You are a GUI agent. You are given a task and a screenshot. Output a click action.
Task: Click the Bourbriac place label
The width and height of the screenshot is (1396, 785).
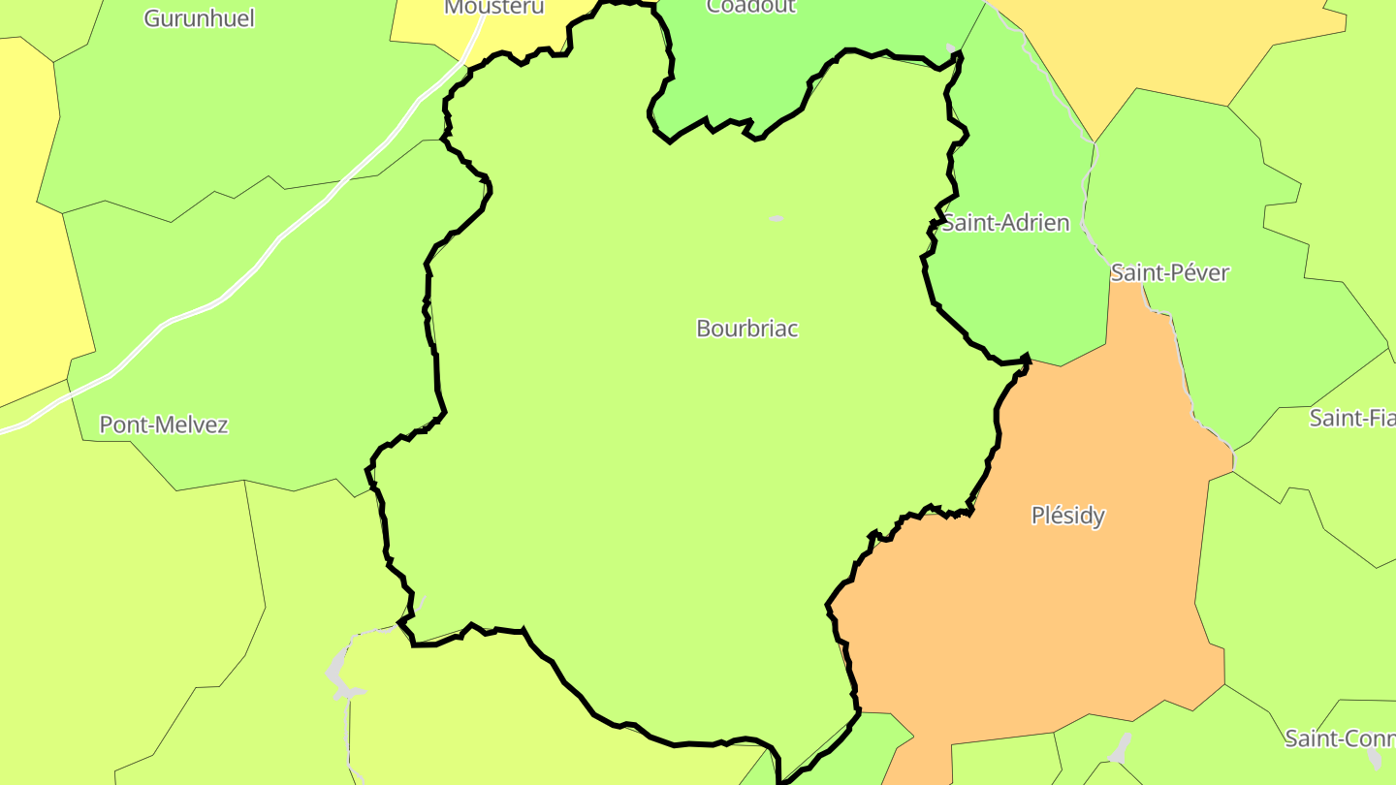(x=746, y=329)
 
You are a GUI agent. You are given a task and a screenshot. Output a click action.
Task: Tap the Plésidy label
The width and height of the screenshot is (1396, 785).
(x=1067, y=516)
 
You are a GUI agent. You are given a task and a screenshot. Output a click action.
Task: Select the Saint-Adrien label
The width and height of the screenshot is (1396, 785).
(x=1006, y=223)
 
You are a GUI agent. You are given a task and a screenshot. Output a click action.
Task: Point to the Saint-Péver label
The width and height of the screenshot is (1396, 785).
(x=1169, y=272)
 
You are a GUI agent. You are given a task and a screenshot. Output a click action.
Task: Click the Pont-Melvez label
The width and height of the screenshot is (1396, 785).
(x=164, y=424)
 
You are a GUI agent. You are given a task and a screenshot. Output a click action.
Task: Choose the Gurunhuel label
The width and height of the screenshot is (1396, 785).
(x=199, y=17)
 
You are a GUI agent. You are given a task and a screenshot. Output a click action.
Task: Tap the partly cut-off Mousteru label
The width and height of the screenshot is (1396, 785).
(x=493, y=8)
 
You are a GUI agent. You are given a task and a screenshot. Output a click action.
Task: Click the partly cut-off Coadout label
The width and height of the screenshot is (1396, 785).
(x=750, y=7)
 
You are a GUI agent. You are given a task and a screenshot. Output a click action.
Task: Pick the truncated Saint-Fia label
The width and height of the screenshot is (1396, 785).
(x=1352, y=418)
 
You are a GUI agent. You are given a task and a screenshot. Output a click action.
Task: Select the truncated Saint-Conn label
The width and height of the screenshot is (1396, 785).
(x=1340, y=738)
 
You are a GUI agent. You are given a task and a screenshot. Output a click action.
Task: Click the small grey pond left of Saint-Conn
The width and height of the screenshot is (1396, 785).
(x=1121, y=747)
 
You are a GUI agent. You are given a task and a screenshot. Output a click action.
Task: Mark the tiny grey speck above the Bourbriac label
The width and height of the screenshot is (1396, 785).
(x=776, y=219)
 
